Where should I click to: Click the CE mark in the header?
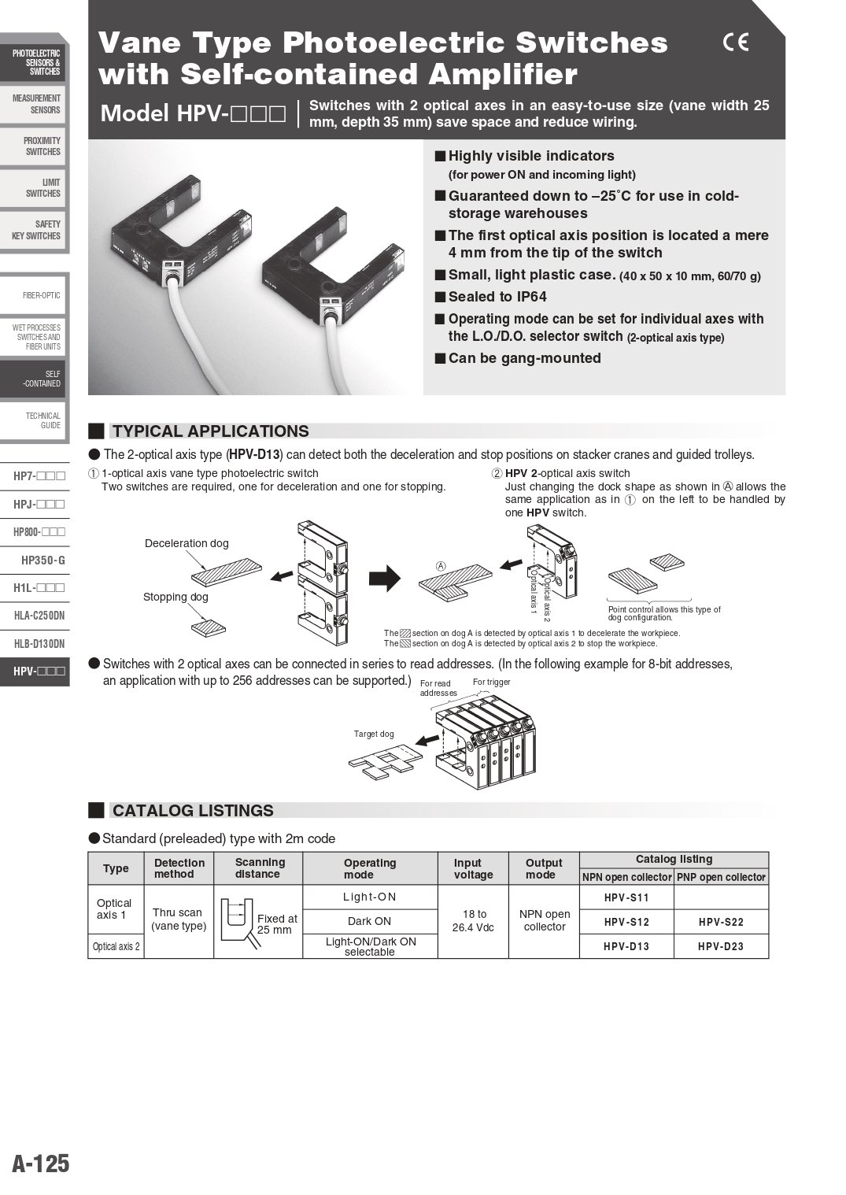click(735, 43)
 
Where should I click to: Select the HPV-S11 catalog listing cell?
click(626, 897)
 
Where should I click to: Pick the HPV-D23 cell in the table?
click(720, 946)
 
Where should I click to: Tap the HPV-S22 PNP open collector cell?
click(720, 922)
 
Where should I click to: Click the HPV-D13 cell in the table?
click(626, 946)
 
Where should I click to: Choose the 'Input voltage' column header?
click(472, 868)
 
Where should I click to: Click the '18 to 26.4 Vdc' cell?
click(474, 920)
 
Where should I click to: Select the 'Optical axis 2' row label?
click(116, 946)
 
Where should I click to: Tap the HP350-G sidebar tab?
click(42, 561)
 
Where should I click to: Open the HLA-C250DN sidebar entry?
click(39, 616)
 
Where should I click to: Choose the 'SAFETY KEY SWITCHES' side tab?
click(38, 230)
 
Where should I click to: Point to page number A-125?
click(41, 1164)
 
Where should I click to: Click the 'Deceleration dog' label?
click(187, 543)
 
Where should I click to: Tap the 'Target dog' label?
click(374, 734)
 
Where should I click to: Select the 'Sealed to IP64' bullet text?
click(497, 297)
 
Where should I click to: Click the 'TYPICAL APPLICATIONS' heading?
click(210, 431)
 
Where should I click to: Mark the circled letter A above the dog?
click(441, 566)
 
